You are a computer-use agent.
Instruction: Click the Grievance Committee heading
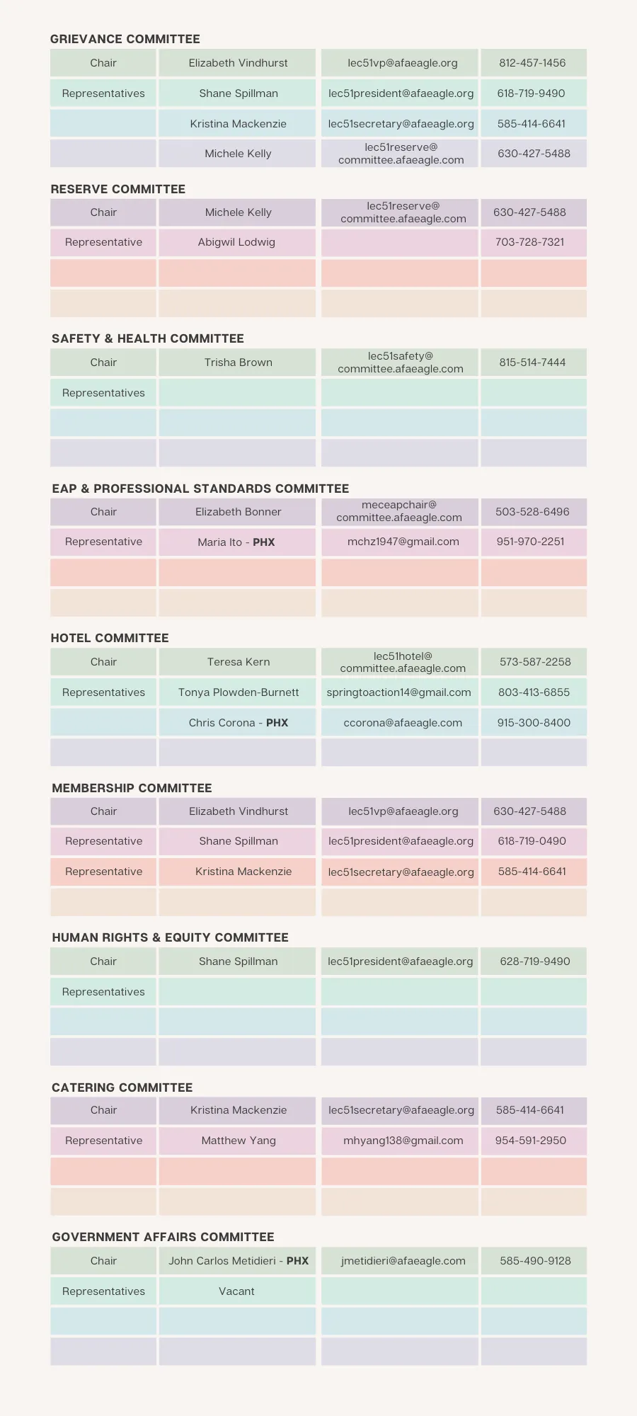coord(125,39)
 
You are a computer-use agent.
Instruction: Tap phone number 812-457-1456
coord(532,63)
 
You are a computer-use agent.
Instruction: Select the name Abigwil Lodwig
coord(236,242)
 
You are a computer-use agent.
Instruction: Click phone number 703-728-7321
coord(530,242)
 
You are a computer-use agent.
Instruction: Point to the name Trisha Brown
coord(238,362)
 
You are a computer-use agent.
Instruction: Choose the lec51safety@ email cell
coord(400,362)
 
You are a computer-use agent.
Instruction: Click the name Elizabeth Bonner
coord(238,512)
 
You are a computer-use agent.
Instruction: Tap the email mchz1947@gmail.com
coord(403,542)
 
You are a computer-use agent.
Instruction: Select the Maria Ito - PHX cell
coord(236,542)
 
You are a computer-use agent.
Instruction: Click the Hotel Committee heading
coord(110,638)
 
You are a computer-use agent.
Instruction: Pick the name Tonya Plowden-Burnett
coord(238,692)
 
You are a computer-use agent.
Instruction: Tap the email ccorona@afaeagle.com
coord(402,723)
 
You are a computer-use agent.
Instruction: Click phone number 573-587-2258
coord(534,662)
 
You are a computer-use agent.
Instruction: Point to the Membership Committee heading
coord(132,788)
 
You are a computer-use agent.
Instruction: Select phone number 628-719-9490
coord(534,961)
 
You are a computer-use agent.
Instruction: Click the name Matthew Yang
coord(238,1141)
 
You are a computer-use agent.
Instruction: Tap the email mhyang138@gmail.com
coord(403,1141)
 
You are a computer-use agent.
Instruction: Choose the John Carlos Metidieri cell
coord(238,1261)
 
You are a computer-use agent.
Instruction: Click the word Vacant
coord(236,1291)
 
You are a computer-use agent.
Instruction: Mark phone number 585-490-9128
coord(534,1261)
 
